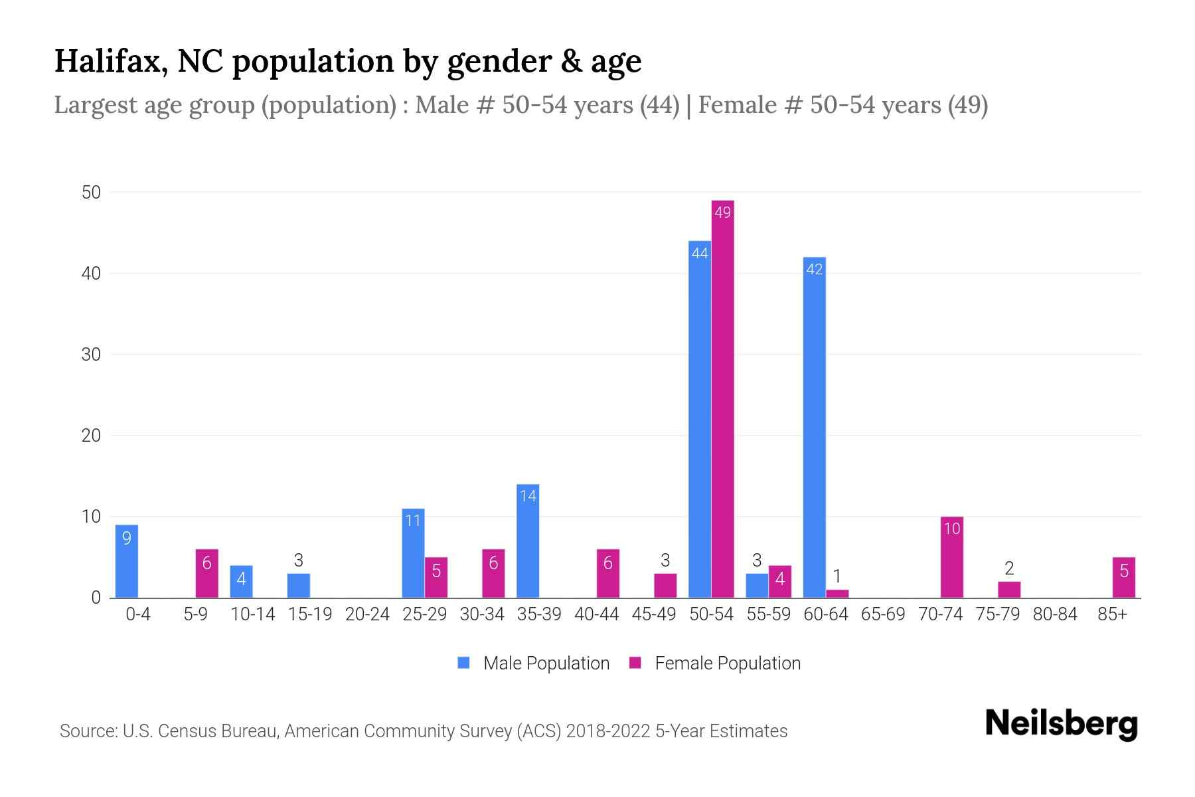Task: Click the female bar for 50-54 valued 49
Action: tap(722, 398)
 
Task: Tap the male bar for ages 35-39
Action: tap(528, 541)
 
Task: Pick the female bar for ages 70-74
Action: tap(951, 557)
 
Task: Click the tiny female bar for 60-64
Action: tap(837, 594)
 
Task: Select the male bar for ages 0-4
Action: tap(127, 561)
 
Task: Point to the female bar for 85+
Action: tap(1123, 577)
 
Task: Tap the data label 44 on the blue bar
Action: tap(700, 253)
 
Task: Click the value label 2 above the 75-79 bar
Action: tap(1009, 569)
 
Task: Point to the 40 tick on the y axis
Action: tap(91, 274)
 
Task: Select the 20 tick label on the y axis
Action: tap(91, 436)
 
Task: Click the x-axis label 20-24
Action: tap(367, 614)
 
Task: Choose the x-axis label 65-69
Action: tap(883, 614)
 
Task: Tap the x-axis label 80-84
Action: tap(1055, 614)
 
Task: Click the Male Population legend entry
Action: tap(546, 663)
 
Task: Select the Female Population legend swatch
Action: tap(635, 663)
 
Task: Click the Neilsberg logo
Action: tap(1061, 724)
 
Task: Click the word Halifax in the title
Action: tap(110, 61)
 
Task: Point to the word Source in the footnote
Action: tap(86, 731)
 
